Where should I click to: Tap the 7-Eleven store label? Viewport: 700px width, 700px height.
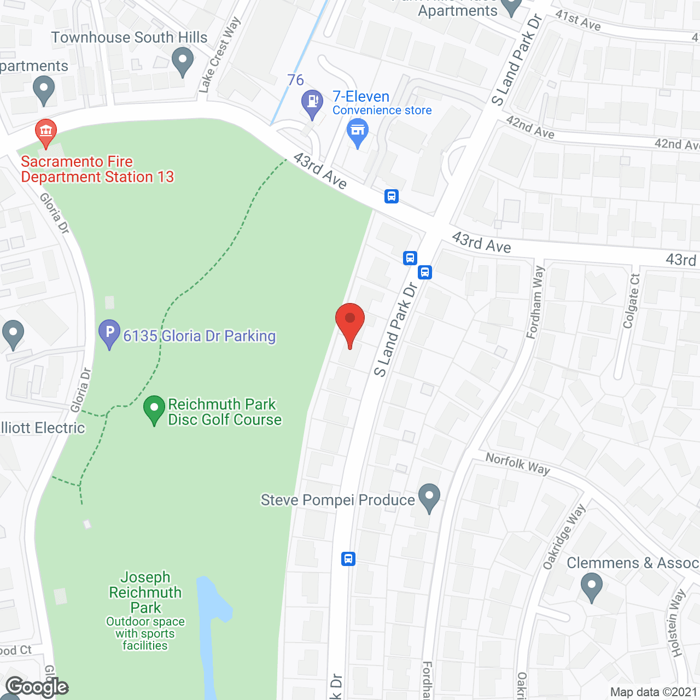(x=361, y=97)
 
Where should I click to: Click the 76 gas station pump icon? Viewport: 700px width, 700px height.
(x=312, y=102)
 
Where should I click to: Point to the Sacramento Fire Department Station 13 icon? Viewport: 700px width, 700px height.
(x=46, y=132)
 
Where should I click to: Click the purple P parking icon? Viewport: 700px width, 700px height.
(x=109, y=332)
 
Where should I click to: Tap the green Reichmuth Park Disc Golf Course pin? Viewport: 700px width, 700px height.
(x=154, y=409)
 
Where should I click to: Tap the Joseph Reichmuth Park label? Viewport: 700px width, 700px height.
(x=145, y=592)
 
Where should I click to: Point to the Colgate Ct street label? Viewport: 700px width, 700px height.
(x=631, y=301)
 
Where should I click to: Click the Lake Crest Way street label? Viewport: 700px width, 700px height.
(x=219, y=54)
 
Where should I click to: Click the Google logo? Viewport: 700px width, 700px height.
(x=37, y=687)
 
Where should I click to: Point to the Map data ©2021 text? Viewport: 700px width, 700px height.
(x=654, y=692)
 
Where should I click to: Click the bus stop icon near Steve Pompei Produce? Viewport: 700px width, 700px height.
(x=348, y=558)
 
